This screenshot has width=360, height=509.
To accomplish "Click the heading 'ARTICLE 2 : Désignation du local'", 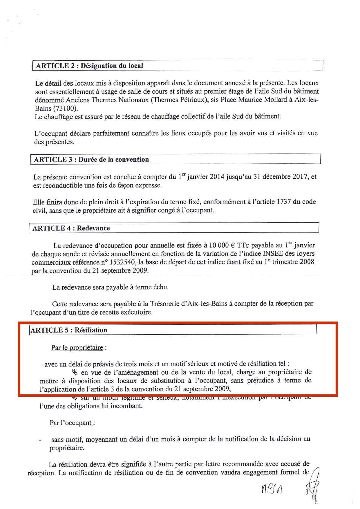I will pos(89,66).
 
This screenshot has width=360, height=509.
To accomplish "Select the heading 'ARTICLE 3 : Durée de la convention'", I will pos(91,159).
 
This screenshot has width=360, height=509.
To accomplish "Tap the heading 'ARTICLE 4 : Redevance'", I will pos(71,228).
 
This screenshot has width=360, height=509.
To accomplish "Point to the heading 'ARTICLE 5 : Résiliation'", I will pos(69,330).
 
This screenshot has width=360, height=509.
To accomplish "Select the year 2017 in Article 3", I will pos(300,176).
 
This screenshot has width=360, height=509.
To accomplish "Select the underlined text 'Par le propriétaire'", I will pos(77,347).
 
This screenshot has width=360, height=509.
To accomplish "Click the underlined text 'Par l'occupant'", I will pos(71,423).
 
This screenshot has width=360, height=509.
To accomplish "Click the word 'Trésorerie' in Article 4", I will pos(165,304).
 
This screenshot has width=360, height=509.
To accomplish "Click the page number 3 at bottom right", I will pos(307,492).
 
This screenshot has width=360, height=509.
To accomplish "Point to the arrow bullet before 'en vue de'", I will pos(74,372).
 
